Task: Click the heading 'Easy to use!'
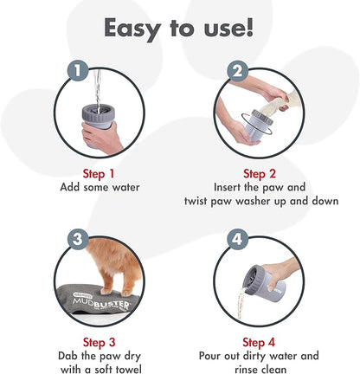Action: point(178,29)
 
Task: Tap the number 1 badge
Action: point(78,71)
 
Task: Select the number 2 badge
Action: point(237,71)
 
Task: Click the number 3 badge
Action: point(78,239)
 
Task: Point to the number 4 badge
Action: point(237,239)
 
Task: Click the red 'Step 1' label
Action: point(99,174)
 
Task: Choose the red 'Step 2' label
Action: point(260,174)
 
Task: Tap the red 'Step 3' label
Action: point(99,343)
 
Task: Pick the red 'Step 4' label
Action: point(259,343)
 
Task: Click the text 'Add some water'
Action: point(100,188)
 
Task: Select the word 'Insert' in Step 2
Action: point(227,187)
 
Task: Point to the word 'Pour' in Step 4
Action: point(210,356)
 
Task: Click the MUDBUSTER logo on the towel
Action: point(101,304)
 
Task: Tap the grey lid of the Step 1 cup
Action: point(98,113)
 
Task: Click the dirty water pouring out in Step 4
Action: point(241,303)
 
